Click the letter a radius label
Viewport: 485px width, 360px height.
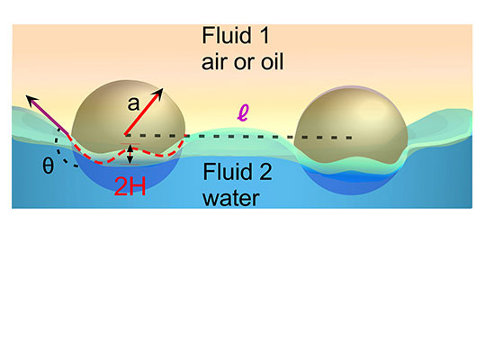click(x=133, y=103)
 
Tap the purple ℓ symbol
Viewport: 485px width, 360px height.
click(x=243, y=112)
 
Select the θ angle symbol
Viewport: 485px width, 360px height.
click(x=48, y=166)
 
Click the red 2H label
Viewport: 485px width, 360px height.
click(x=130, y=186)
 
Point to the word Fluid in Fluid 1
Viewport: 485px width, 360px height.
click(x=227, y=36)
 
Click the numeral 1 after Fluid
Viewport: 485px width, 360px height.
click(x=265, y=36)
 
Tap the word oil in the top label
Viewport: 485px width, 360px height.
click(x=272, y=61)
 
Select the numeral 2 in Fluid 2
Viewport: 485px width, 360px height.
click(x=265, y=172)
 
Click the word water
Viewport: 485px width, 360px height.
click(x=231, y=198)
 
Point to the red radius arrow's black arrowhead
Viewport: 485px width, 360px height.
click(x=157, y=94)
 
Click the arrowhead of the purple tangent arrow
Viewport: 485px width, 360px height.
click(x=31, y=100)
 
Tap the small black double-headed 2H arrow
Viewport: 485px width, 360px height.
click(x=130, y=154)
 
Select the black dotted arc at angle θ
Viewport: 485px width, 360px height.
click(x=63, y=150)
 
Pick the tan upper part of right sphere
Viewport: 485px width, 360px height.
click(x=350, y=123)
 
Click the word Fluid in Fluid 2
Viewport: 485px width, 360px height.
click(x=228, y=172)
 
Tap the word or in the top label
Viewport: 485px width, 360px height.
click(x=244, y=63)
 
